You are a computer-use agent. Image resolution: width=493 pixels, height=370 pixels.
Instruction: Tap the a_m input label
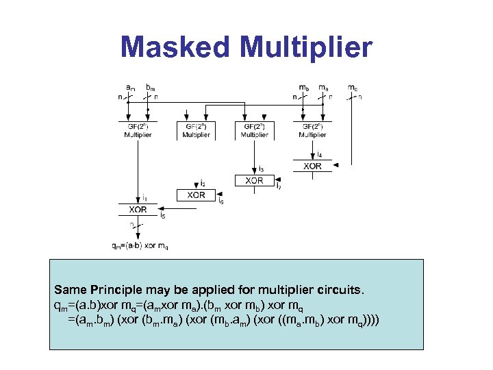(130, 88)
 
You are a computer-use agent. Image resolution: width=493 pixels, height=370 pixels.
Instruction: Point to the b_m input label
(151, 88)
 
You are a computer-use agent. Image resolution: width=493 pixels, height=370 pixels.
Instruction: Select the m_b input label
(303, 88)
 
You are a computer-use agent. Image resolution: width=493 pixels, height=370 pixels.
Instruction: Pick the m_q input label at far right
(352, 88)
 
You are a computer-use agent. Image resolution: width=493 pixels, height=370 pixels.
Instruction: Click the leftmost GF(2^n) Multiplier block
(138, 131)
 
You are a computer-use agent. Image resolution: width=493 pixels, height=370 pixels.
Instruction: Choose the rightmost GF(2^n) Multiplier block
(312, 131)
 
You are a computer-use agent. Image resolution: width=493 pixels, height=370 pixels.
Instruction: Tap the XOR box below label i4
(312, 166)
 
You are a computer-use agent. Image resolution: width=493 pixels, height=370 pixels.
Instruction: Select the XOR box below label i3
(254, 180)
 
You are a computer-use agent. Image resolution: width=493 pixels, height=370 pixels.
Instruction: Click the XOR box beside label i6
(196, 195)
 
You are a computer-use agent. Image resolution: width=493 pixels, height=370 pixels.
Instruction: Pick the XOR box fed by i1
(138, 209)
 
